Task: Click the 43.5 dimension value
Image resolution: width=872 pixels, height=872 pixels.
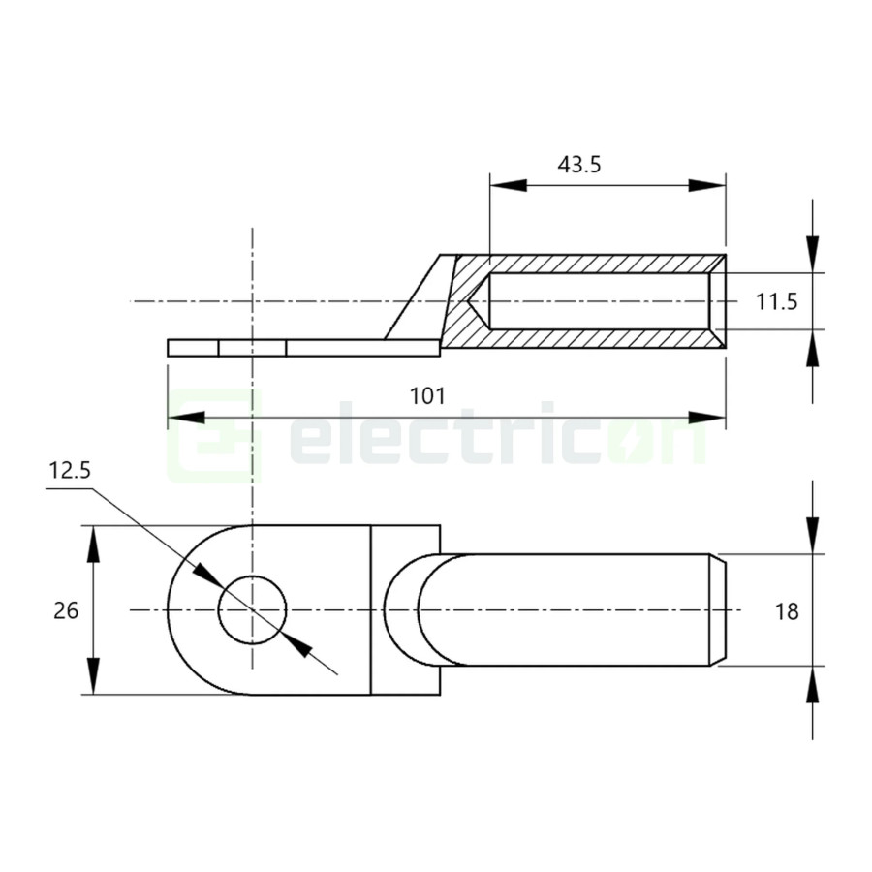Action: pos(578,164)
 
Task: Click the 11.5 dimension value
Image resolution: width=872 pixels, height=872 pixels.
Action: pos(776,302)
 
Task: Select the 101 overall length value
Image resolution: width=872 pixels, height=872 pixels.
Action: pos(427,396)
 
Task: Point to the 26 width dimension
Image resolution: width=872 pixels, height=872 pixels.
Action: pos(66,610)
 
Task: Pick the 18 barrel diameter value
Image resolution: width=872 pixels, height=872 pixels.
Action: pos(787,610)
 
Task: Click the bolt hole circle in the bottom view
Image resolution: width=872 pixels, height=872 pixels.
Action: pos(253,610)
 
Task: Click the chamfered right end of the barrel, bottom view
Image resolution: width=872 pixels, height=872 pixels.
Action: pos(721,610)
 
